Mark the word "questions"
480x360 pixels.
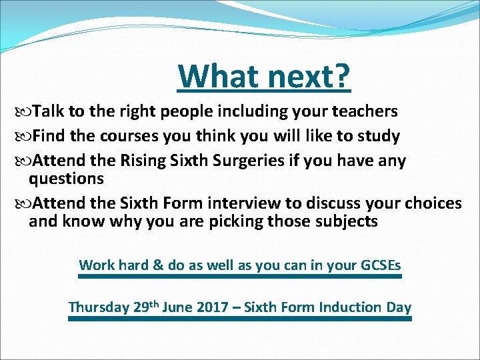[x=66, y=179]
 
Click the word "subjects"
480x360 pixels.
[x=345, y=221]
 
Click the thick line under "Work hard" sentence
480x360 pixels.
[x=240, y=276]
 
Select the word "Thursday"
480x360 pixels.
[x=99, y=307]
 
